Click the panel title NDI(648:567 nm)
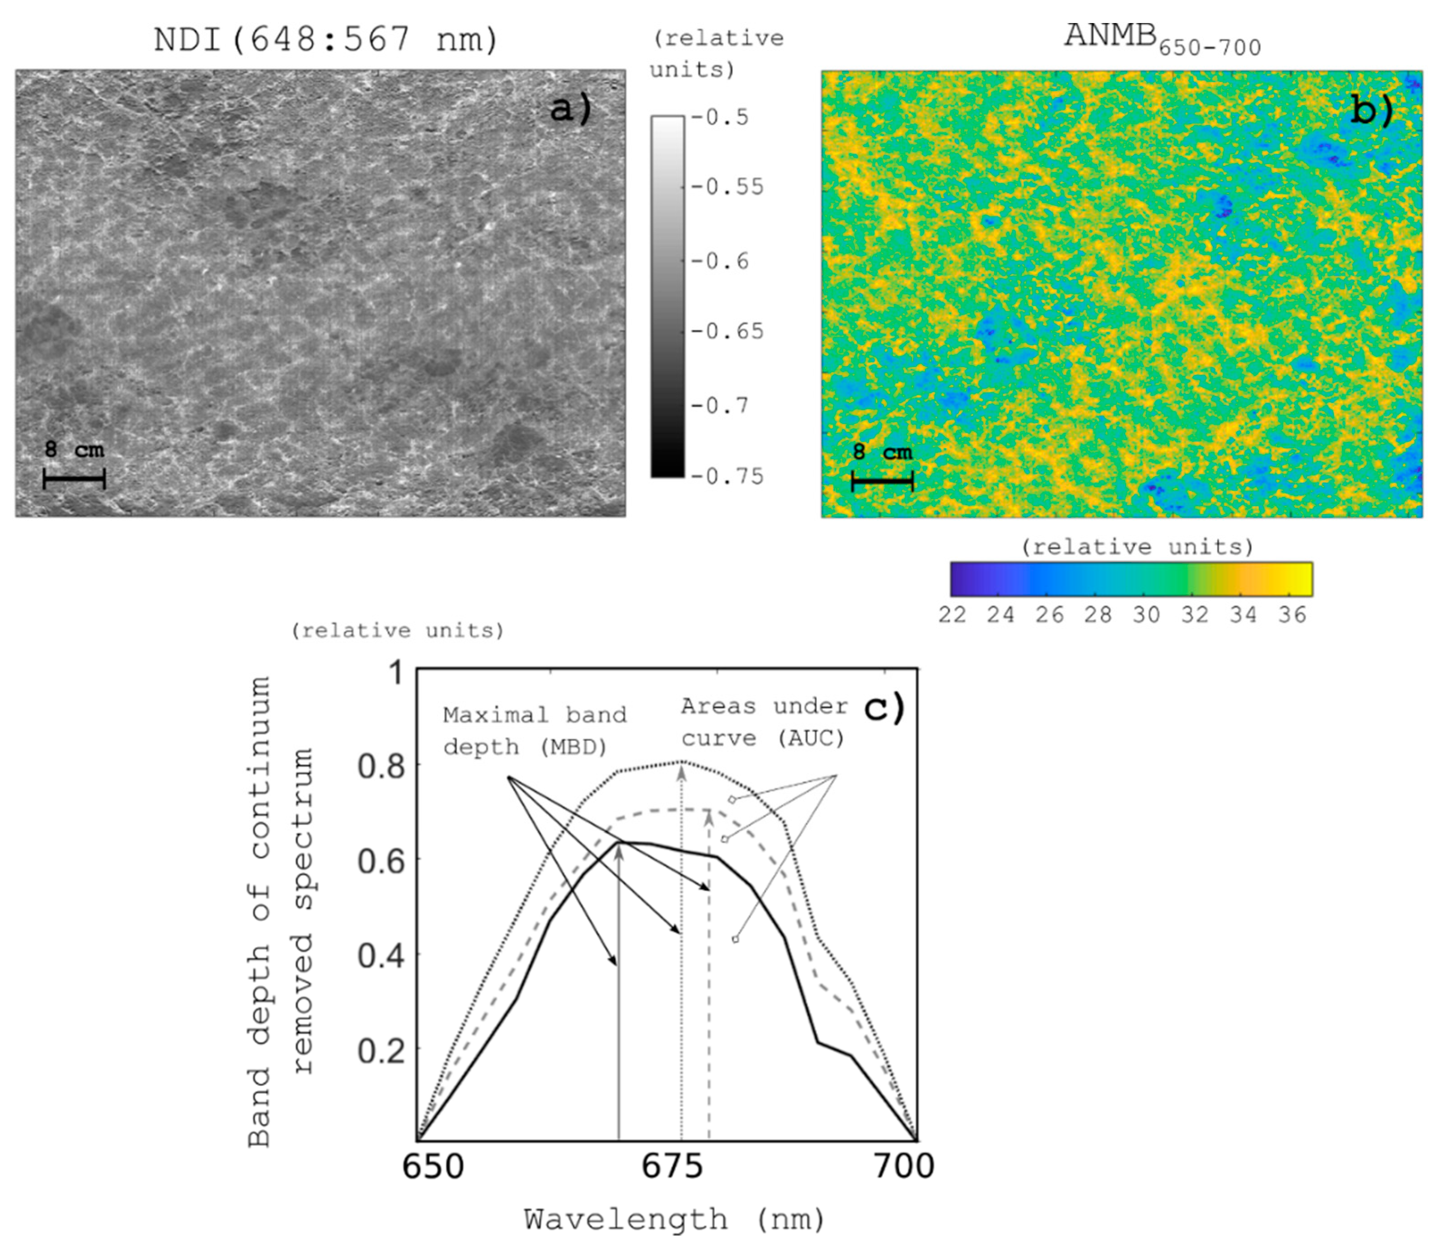[x=326, y=39]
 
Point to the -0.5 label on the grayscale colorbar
[x=720, y=117]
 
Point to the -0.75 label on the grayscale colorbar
[x=727, y=476]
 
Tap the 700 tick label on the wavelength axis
[x=904, y=1166]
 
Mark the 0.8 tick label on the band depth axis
[x=381, y=766]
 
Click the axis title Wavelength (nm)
[x=675, y=1220]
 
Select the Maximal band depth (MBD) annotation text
[x=535, y=731]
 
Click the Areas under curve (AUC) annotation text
[x=764, y=722]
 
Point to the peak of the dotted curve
[x=682, y=761]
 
